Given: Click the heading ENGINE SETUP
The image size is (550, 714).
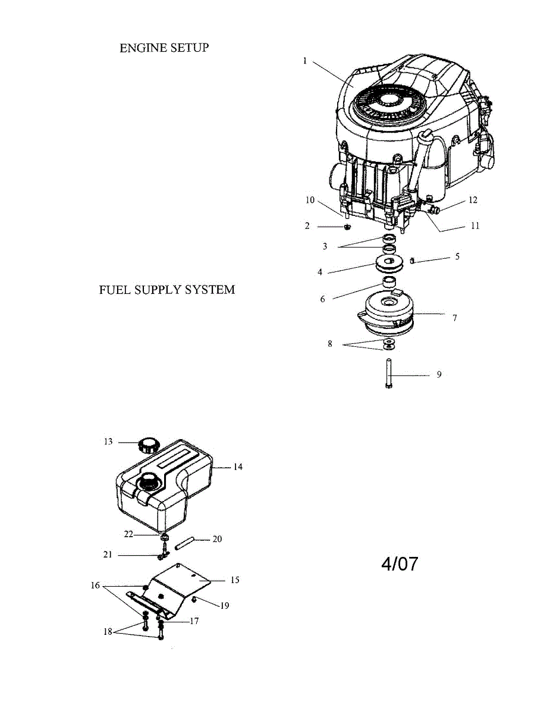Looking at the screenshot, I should point(164,48).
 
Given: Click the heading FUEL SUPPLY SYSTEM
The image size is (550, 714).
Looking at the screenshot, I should point(166,290).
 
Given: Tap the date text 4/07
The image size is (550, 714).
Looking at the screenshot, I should point(400,563).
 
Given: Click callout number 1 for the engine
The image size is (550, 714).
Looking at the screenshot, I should point(305,61).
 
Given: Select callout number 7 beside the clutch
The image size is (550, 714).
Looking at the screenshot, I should point(455,318).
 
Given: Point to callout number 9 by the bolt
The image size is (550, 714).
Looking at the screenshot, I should point(439,375).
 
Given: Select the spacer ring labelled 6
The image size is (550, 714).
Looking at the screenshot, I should point(388,281).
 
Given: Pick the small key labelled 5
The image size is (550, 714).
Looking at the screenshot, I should point(413,259).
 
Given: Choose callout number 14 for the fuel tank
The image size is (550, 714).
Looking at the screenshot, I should point(238,467).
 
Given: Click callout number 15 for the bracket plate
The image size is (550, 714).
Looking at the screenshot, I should point(235,580).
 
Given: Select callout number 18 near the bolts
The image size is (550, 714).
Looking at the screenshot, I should point(108,632).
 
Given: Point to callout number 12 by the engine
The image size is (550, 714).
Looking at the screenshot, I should point(473,201).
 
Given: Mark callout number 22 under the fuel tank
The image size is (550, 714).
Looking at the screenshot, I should point(128,534).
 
